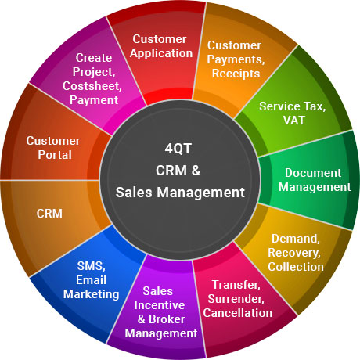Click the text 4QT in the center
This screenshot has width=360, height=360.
click(178, 149)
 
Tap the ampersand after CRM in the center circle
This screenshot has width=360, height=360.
click(196, 171)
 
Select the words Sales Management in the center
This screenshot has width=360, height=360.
click(180, 193)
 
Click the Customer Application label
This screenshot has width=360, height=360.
click(161, 46)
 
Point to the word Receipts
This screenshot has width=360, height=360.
click(236, 74)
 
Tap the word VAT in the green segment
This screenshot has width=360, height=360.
click(294, 121)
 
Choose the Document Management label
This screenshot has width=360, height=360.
click(315, 180)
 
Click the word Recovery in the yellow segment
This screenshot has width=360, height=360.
click(294, 253)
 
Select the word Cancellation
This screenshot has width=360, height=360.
click(238, 313)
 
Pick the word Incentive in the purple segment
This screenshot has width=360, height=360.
click(160, 305)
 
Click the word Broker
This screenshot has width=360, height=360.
click(167, 319)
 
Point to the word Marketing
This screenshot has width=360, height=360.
click(92, 294)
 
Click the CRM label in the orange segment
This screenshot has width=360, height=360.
click(49, 214)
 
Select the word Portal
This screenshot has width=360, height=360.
click(55, 155)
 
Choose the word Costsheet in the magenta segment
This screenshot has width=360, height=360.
click(92, 86)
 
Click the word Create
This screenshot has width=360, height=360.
click(94, 58)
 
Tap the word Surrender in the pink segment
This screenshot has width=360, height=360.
click(236, 299)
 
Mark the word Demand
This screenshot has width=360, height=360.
click(296, 239)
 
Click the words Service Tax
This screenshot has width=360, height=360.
click(293, 106)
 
